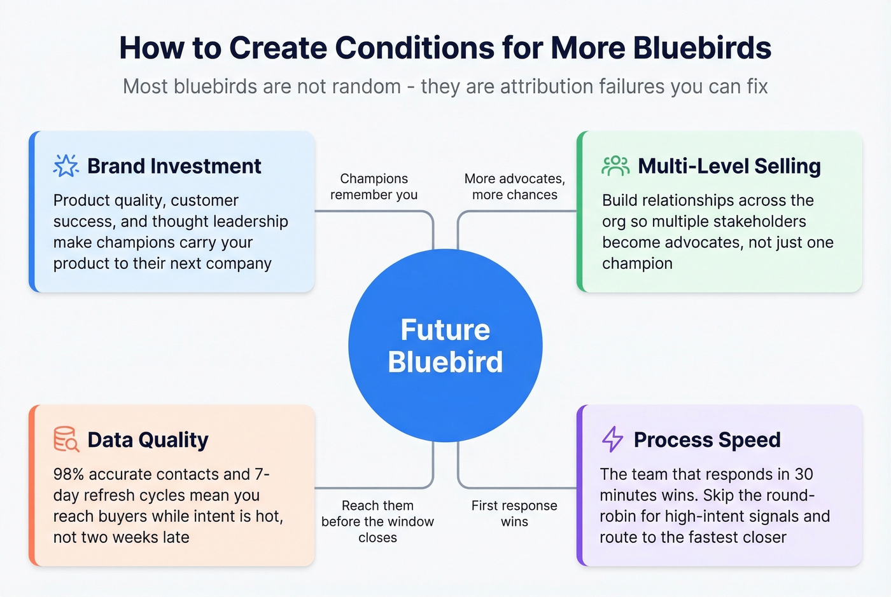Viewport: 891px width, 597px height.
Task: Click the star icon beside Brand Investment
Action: (x=66, y=166)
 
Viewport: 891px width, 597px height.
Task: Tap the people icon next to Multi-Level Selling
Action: (x=615, y=166)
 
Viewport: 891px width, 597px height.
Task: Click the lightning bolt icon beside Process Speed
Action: (x=612, y=439)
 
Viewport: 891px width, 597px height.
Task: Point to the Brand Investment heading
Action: (x=174, y=166)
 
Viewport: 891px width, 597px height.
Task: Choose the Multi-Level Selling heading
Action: (x=729, y=166)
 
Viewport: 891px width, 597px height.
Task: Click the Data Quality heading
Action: (x=148, y=440)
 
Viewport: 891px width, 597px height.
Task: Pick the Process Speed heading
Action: (x=706, y=440)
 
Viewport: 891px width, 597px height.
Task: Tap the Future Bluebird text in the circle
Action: (x=445, y=346)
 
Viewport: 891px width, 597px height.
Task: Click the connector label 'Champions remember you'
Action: (x=374, y=187)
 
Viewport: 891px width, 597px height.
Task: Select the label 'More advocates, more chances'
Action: (x=514, y=187)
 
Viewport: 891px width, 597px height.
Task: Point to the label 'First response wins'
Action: (x=514, y=514)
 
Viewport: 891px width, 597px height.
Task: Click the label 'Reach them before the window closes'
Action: (x=377, y=521)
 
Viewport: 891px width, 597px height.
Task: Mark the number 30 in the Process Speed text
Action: (x=804, y=474)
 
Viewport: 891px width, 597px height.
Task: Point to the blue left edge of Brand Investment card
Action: (x=32, y=212)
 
